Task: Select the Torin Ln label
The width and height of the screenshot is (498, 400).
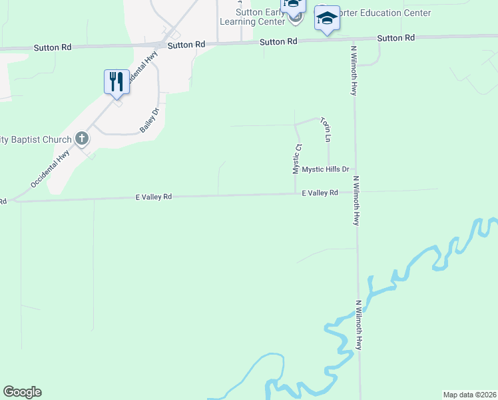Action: [326, 129]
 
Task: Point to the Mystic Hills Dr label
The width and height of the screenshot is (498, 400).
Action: [326, 169]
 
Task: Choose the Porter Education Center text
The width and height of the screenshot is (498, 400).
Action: [386, 13]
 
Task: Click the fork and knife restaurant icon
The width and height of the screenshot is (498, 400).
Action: [117, 82]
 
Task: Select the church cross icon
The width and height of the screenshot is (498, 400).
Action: [82, 139]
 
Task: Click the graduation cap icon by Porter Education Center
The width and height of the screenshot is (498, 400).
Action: [327, 18]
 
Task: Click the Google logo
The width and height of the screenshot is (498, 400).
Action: [22, 392]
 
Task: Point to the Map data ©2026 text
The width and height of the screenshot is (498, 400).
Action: [469, 395]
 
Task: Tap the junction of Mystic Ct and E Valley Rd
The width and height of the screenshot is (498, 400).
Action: [296, 194]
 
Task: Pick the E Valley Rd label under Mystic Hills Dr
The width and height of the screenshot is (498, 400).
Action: [320, 193]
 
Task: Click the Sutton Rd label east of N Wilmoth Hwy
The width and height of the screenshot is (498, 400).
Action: [395, 38]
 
